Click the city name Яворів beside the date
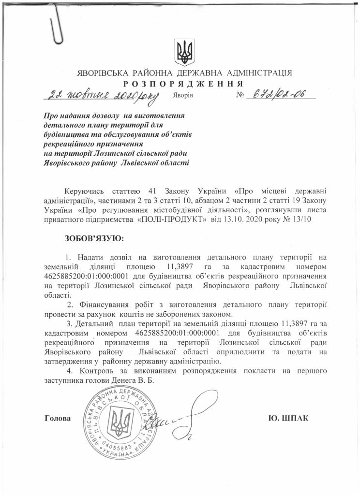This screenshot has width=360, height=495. point(182,95)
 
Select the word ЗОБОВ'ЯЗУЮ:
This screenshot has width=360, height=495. point(94,238)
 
